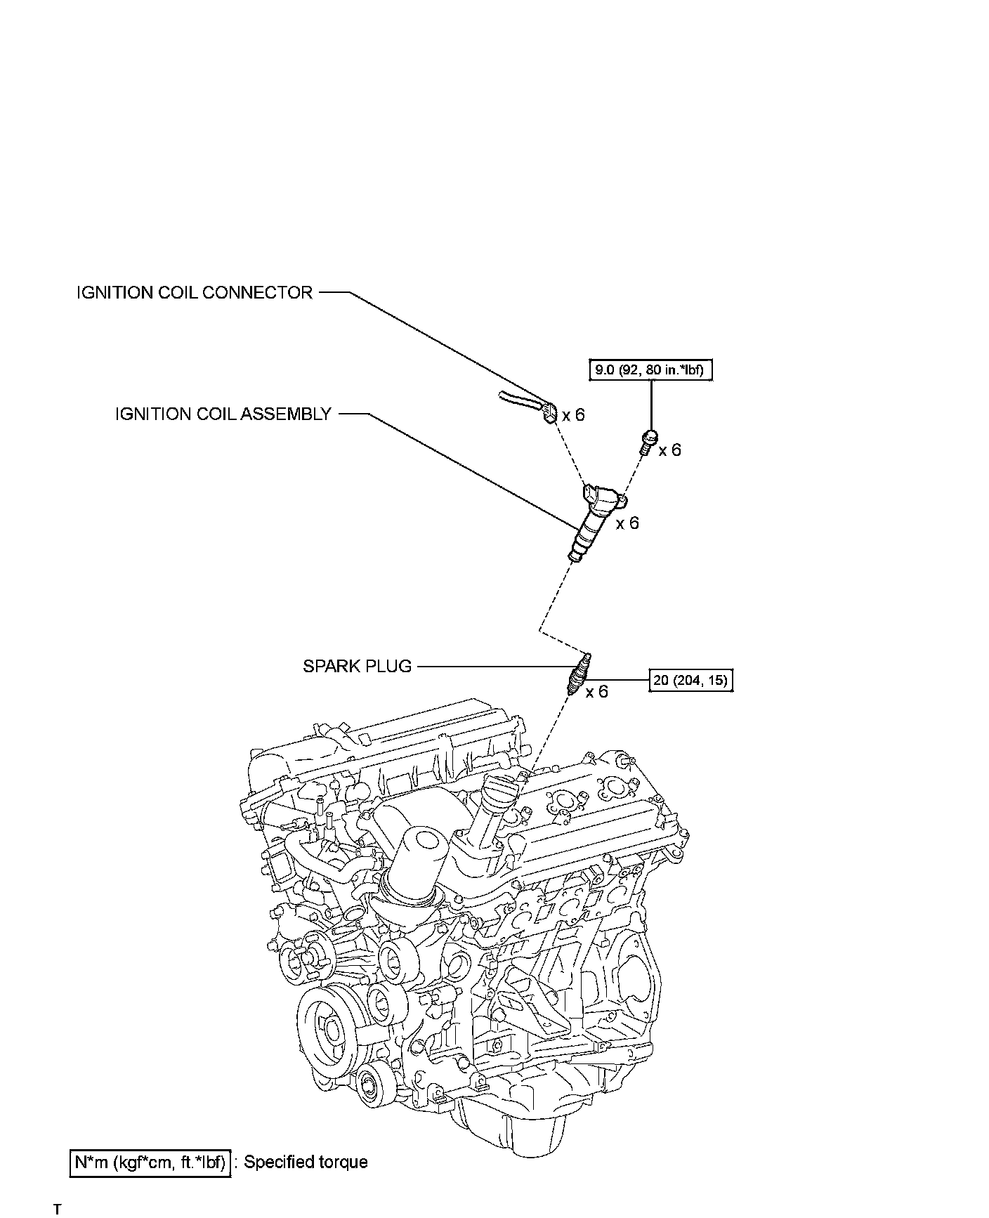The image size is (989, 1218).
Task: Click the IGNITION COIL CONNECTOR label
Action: point(195,293)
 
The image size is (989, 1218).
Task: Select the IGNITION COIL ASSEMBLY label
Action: point(223,414)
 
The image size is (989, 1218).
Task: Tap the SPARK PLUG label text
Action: point(357,666)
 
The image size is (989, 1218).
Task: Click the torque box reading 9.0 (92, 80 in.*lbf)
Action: point(650,369)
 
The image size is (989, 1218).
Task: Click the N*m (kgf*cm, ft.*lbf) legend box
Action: point(151,1163)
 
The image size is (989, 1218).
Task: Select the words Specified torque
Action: point(306,1163)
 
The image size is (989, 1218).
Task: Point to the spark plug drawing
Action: point(579,673)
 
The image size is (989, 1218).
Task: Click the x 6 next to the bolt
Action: point(670,450)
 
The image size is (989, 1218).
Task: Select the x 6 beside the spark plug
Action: point(597,693)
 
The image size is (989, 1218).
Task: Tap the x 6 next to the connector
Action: point(573,415)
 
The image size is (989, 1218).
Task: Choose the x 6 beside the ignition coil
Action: point(627,523)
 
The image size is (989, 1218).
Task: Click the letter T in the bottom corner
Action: point(57,1210)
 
